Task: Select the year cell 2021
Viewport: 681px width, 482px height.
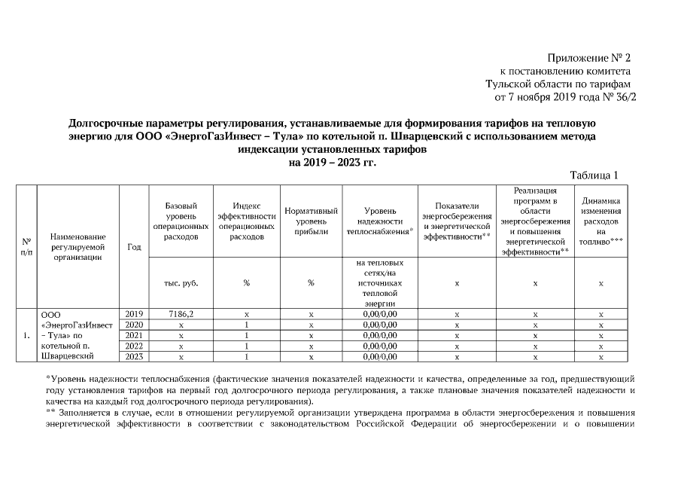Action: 133,335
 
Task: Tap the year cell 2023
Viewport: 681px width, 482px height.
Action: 133,356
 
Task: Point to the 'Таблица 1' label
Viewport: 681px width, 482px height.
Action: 594,175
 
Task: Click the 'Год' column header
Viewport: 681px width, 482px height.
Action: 134,247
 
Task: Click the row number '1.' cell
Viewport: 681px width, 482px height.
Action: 26,335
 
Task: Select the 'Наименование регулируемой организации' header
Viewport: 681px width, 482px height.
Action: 78,247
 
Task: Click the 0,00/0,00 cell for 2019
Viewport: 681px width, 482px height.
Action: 380,313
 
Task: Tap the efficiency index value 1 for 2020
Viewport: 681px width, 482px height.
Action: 246,325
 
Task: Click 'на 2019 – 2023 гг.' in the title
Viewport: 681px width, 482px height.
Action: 332,161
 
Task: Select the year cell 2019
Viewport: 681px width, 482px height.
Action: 133,313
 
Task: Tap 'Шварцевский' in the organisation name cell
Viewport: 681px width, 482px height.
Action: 67,355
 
